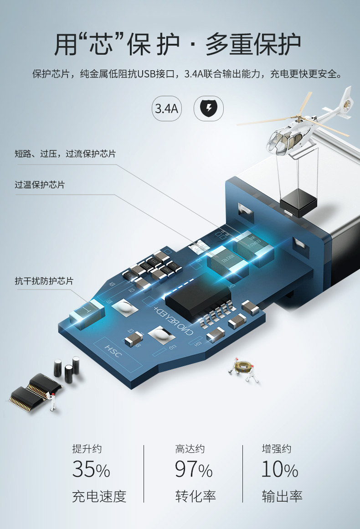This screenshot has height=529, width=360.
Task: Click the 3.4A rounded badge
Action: [x=166, y=109]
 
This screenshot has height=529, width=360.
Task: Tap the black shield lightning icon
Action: [x=209, y=109]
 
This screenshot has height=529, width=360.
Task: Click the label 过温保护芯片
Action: [x=40, y=185]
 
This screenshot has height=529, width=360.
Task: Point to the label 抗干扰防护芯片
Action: [x=44, y=281]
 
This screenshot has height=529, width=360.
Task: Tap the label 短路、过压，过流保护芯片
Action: [x=65, y=154]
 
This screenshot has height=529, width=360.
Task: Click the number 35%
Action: [x=91, y=470]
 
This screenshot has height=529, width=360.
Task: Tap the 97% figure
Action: [x=194, y=470]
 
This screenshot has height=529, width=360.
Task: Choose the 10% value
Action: [x=280, y=470]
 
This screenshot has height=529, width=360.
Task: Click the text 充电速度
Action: [x=99, y=496]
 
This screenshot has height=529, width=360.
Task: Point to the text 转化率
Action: [x=195, y=496]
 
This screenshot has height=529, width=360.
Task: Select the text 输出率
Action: [x=282, y=496]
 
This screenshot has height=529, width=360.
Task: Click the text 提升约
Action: [x=87, y=449]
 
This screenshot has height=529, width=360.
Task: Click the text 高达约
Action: [x=190, y=449]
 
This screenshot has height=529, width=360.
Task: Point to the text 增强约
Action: [x=276, y=449]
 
